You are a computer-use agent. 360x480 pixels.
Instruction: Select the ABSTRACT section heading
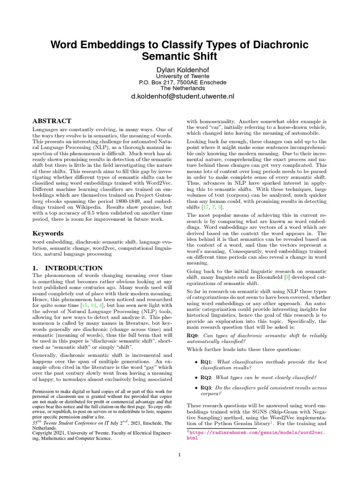click(52, 121)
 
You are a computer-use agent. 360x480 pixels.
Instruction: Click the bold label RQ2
click(208, 377)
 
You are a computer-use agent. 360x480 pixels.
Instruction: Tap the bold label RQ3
click(208, 388)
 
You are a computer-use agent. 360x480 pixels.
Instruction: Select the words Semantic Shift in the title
click(180, 57)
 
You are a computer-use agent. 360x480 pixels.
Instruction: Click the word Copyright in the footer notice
click(45, 433)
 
